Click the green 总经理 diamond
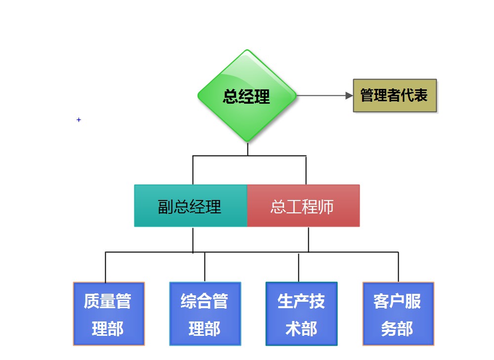[247, 96]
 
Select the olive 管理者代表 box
[395, 95]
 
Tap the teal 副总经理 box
[190, 206]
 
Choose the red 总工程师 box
[303, 206]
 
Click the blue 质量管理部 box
[109, 314]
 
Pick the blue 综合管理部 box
[205, 314]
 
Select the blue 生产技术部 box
[301, 314]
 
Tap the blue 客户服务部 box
[398, 314]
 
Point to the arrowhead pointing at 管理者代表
[349, 95]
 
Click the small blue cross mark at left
[79, 120]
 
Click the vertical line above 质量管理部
[105, 267]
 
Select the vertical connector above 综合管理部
[205, 267]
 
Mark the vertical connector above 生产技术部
[298, 267]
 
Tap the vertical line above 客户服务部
[398, 267]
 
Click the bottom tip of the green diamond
[247, 141]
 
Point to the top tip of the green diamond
[247, 50]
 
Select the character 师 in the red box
[326, 206]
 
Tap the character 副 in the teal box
[166, 206]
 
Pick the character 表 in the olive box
[420, 95]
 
